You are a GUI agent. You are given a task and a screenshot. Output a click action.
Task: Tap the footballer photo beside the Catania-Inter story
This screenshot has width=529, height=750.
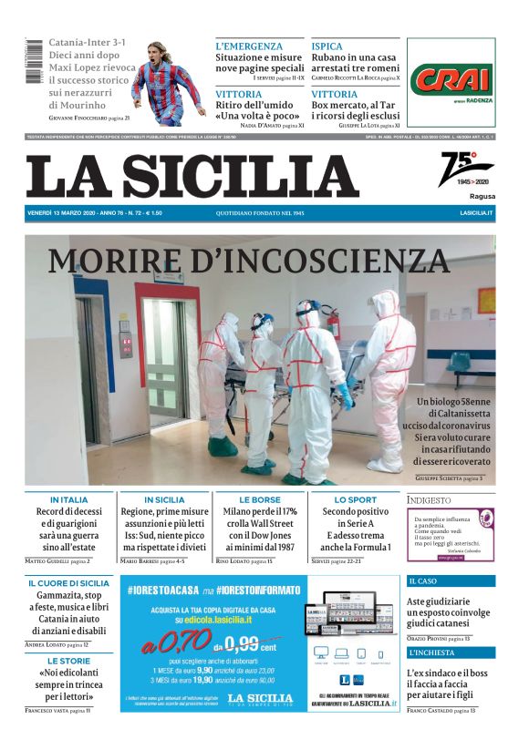click(168, 79)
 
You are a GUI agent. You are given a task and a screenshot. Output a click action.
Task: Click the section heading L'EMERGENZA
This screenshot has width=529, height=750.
click(249, 46)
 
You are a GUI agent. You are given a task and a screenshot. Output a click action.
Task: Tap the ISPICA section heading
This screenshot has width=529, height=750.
click(327, 46)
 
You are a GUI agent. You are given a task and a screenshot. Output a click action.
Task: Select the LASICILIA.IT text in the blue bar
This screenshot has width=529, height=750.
click(476, 212)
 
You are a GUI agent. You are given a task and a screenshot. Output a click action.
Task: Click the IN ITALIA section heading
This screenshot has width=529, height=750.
click(69, 499)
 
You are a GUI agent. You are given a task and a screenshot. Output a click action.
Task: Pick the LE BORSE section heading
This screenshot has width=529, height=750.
click(260, 499)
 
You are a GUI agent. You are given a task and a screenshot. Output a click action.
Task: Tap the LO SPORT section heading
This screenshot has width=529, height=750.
click(356, 499)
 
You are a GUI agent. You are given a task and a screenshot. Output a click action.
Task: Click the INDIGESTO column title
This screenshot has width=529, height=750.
click(429, 499)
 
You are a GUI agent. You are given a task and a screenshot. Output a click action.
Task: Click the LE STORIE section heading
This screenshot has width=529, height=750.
click(69, 661)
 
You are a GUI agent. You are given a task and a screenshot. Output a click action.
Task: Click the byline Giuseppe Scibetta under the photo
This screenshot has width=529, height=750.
click(443, 478)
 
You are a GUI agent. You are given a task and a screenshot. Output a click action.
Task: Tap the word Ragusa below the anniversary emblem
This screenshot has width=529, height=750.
click(482, 196)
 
